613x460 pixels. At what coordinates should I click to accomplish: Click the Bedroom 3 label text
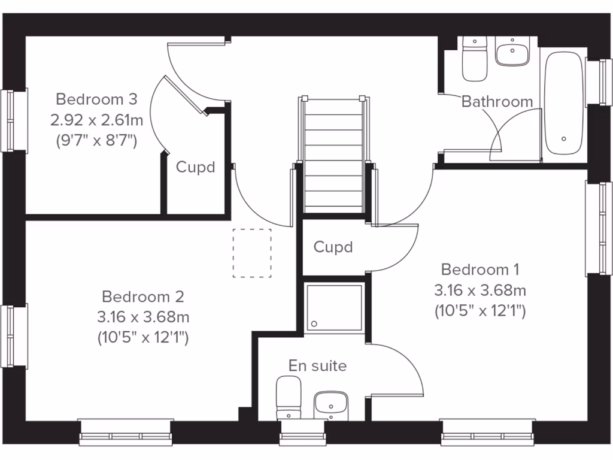click(96, 98)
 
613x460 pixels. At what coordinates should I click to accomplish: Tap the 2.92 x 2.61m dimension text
click(96, 120)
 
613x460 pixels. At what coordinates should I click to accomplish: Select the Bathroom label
click(497, 102)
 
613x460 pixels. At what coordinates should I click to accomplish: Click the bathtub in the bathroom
click(563, 105)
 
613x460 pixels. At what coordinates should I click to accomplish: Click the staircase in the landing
click(333, 156)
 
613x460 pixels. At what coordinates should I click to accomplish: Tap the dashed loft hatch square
click(251, 253)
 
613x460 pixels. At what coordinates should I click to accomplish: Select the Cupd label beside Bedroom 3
click(195, 167)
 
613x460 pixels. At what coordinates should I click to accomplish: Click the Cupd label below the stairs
click(333, 247)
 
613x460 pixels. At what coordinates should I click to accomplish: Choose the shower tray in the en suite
click(334, 307)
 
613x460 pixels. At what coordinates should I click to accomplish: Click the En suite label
click(317, 365)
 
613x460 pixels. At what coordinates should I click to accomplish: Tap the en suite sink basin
click(330, 405)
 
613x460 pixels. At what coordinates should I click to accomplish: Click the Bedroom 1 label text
click(480, 269)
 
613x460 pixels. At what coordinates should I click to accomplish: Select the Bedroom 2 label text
click(142, 296)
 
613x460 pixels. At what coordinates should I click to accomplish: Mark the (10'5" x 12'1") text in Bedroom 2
click(142, 338)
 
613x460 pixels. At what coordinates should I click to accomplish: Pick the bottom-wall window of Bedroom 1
click(487, 431)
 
